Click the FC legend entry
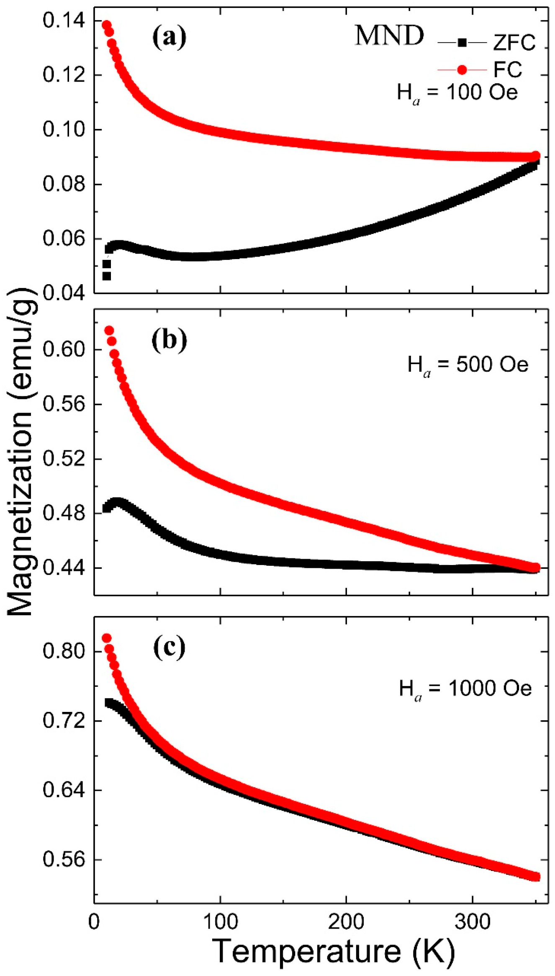click(x=481, y=69)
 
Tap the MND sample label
click(x=389, y=36)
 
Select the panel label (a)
click(x=169, y=38)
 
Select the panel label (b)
click(x=169, y=340)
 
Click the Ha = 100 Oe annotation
click(x=457, y=93)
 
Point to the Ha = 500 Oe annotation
click(x=468, y=365)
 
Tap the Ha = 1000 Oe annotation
click(x=465, y=689)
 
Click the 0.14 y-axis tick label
click(x=63, y=20)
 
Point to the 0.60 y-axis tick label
click(x=63, y=349)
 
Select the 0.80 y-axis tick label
click(x=63, y=652)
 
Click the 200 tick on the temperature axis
click(x=346, y=922)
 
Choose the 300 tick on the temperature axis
click(x=473, y=922)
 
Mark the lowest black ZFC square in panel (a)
click(x=107, y=276)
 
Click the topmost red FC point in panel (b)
click(x=109, y=331)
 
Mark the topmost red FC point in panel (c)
click(x=107, y=638)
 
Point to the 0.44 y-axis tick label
click(x=63, y=568)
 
